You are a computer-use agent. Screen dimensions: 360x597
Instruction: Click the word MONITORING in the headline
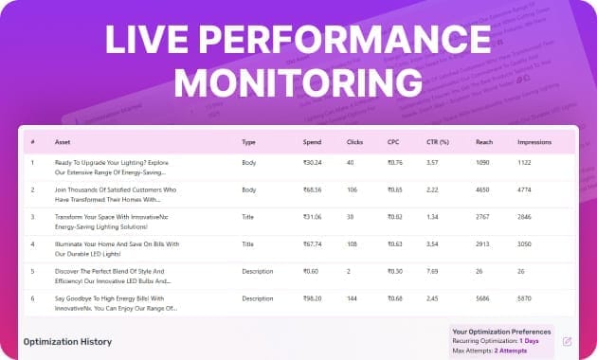click(x=298, y=79)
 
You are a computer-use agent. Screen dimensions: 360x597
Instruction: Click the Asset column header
click(x=63, y=142)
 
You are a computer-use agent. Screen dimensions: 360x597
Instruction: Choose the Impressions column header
click(x=534, y=142)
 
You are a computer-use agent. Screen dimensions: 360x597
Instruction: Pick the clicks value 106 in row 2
click(x=353, y=189)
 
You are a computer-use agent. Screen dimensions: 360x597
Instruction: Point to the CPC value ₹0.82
click(x=395, y=217)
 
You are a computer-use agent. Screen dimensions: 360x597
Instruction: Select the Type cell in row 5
click(x=258, y=271)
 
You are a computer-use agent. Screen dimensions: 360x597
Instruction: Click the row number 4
click(x=32, y=244)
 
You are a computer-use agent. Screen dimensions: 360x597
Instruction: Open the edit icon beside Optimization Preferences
click(x=567, y=341)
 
